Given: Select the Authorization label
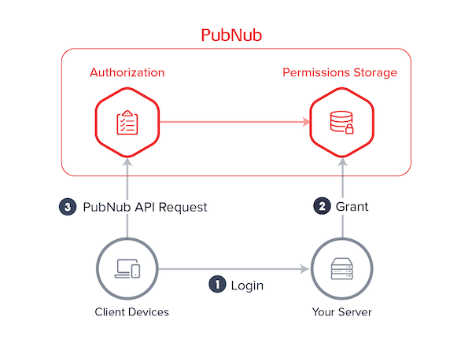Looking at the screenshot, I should [127, 72].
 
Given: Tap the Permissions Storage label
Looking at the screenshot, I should [340, 72].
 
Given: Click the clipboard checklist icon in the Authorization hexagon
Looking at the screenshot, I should [127, 122].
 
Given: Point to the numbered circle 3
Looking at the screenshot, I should [69, 208].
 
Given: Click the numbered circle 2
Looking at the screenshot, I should [322, 208].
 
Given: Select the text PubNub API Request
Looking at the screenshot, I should [145, 208].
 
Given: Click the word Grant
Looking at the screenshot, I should [352, 208].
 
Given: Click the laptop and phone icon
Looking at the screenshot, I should [127, 270].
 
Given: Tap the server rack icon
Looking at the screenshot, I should [341, 270].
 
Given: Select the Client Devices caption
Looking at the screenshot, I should [127, 312].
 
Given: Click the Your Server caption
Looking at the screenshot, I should [341, 312].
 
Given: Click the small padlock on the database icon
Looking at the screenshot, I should [348, 128].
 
